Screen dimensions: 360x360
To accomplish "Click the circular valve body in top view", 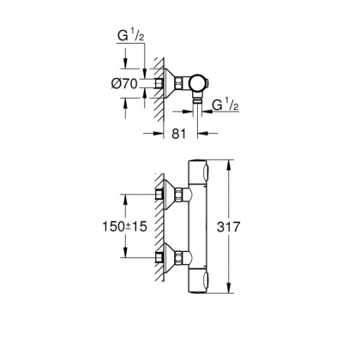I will pyautogui.click(x=199, y=83).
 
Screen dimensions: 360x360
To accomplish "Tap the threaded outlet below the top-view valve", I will pyautogui.click(x=199, y=102).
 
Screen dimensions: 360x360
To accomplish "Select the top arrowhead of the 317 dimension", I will pyautogui.click(x=229, y=163).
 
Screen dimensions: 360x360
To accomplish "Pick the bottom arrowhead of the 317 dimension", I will pyautogui.click(x=229, y=291).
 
